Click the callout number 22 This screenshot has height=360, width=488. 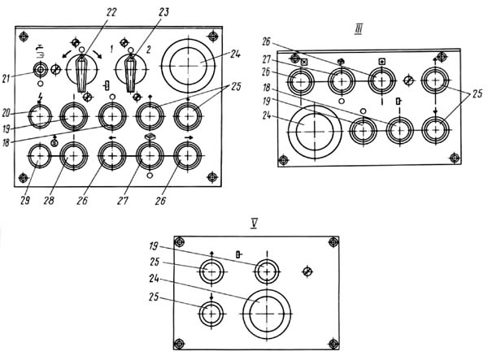111,12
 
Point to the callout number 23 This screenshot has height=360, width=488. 163,12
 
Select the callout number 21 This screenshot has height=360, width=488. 6,80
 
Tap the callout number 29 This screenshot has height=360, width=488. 25,201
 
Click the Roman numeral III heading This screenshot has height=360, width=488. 358,30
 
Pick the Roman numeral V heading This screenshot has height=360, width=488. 254,223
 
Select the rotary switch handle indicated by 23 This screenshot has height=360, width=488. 130,73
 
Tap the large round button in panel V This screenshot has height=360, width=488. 267,314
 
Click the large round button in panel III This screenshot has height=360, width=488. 315,132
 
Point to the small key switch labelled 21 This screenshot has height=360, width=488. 40,71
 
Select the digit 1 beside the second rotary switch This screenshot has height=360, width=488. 111,49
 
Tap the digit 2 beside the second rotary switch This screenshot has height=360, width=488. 149,49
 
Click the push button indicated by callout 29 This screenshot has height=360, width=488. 40,156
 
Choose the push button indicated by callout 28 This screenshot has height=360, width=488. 73,156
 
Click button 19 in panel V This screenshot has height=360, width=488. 267,271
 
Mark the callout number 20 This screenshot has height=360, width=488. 6,113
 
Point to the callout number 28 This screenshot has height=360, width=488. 49,201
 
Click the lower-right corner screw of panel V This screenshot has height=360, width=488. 333,344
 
